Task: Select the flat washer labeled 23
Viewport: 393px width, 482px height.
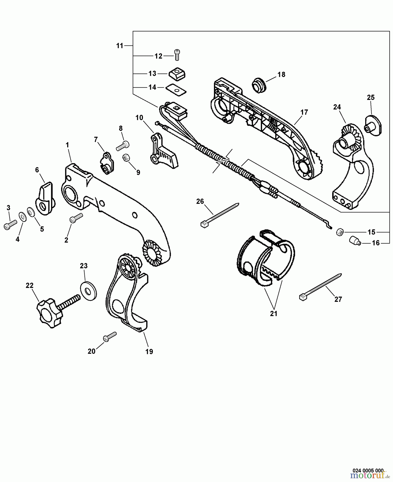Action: click(x=88, y=291)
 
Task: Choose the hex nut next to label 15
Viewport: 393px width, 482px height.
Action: click(x=340, y=232)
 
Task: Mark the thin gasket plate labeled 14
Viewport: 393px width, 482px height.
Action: click(x=176, y=89)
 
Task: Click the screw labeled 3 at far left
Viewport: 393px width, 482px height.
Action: click(x=10, y=224)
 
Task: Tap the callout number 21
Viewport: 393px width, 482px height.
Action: click(x=273, y=313)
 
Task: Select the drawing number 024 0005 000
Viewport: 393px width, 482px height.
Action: click(x=368, y=470)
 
